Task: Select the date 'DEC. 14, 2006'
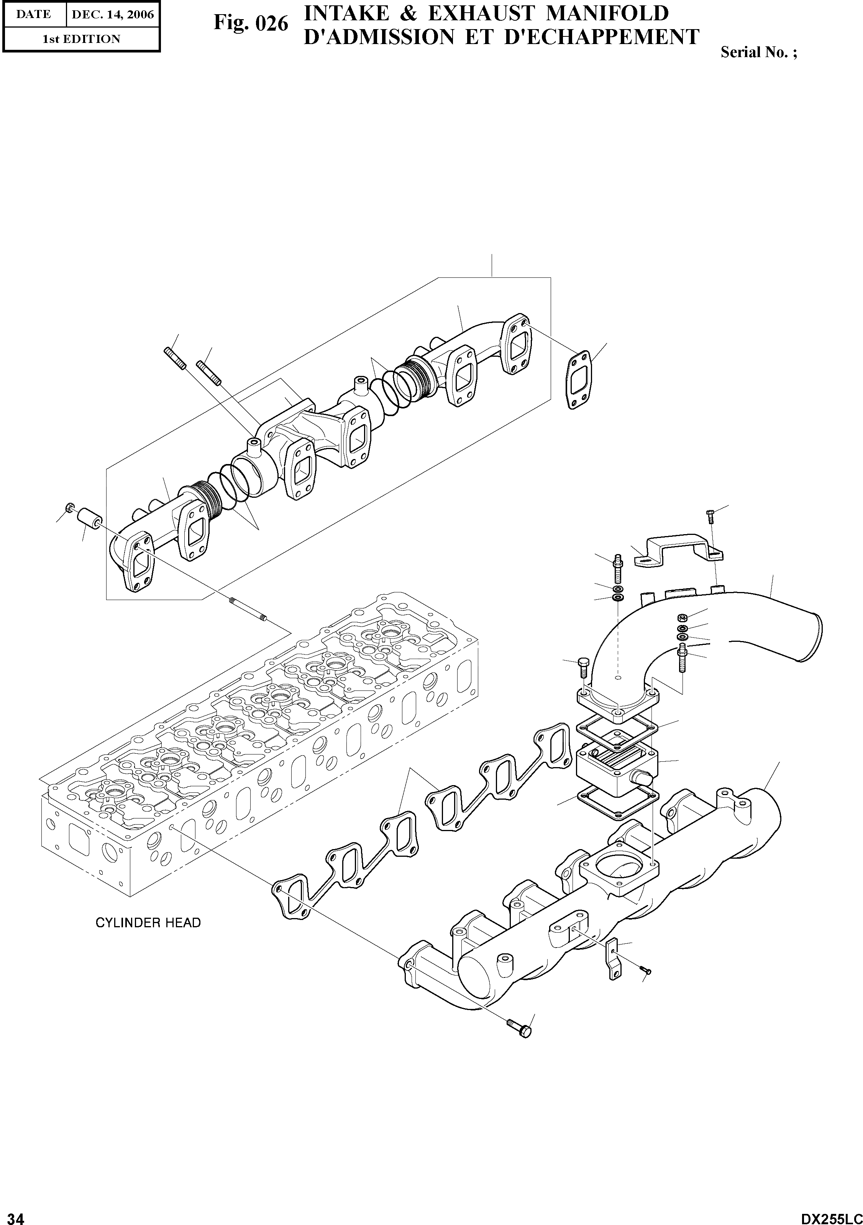[x=113, y=15]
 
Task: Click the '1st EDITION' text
[x=81, y=39]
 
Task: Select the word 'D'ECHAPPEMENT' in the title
[x=601, y=37]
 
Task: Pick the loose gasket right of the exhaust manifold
[x=579, y=379]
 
